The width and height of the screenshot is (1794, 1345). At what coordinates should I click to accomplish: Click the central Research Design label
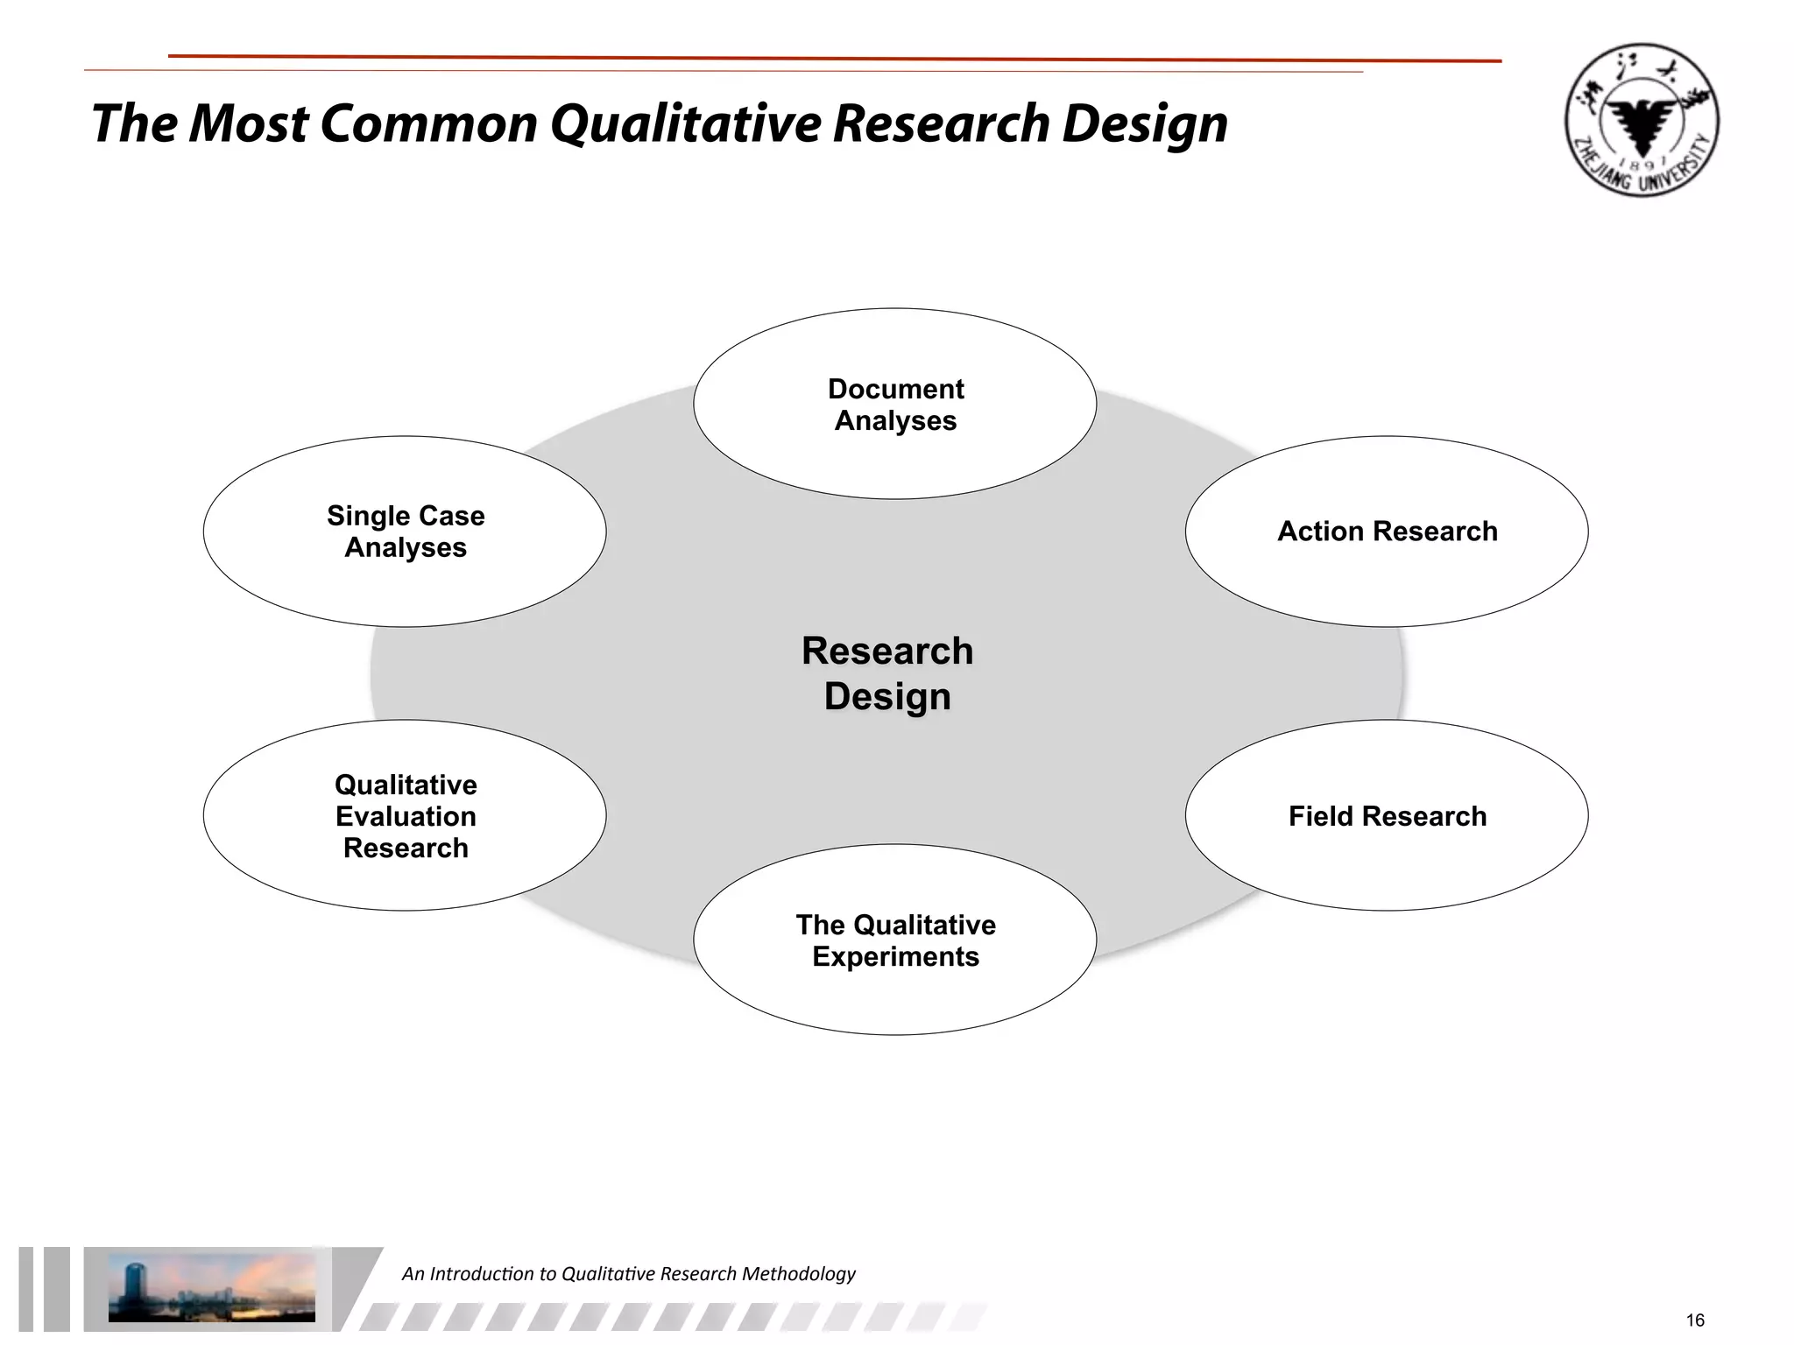click(x=886, y=673)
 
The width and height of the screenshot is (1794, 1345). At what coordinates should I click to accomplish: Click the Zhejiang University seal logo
click(x=1641, y=120)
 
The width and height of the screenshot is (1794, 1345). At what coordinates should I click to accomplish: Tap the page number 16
click(x=1694, y=1320)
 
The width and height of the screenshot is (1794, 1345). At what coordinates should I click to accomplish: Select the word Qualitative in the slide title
click(x=685, y=123)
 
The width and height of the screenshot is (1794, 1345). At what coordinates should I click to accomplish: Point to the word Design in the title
click(x=1144, y=123)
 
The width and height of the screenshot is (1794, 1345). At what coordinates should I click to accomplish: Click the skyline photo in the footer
click(x=211, y=1287)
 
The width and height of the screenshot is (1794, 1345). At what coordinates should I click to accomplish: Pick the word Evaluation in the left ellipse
click(x=406, y=816)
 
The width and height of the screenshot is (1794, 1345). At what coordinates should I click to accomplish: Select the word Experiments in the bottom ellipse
click(x=895, y=956)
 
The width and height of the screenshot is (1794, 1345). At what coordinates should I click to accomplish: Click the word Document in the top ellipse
click(x=895, y=389)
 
